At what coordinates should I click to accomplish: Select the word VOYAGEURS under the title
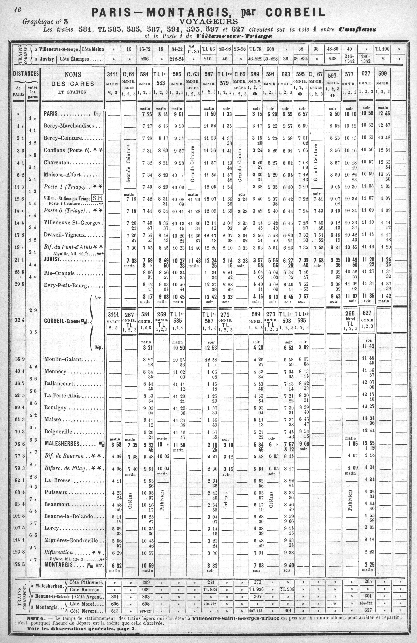208,21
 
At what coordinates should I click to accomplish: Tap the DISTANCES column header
26,74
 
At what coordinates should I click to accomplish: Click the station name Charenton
57,163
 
